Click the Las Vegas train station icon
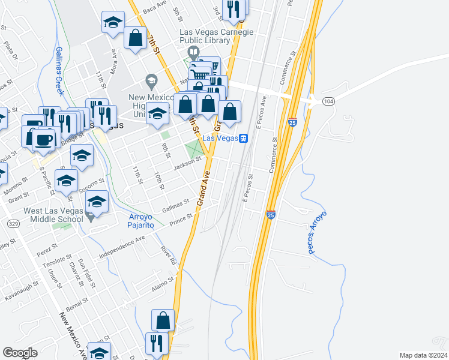click(x=244, y=138)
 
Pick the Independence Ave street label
click(x=122, y=247)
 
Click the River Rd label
click(x=167, y=254)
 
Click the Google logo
click(x=20, y=353)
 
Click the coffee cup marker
click(x=43, y=140)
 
